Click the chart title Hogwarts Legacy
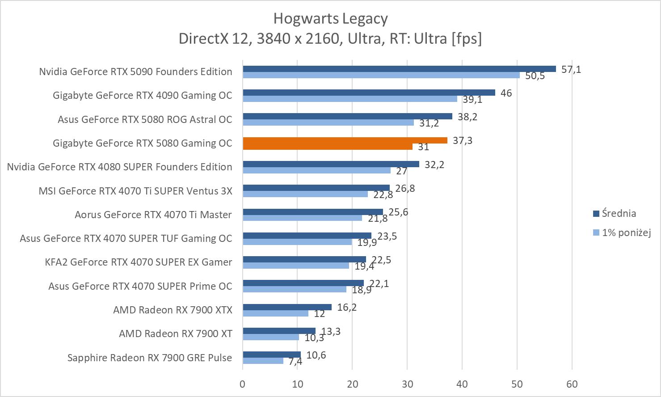[x=330, y=18]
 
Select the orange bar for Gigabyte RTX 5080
[x=345, y=140]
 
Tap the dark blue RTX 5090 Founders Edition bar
[x=399, y=69]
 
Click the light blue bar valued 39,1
[x=349, y=99]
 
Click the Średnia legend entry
[x=619, y=213]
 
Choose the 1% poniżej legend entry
[x=626, y=232]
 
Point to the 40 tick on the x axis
[x=462, y=384]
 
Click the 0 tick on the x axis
[x=243, y=384]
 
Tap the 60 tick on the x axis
[x=572, y=384]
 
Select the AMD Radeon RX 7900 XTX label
[x=173, y=309]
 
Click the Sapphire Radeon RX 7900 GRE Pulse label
[x=150, y=358]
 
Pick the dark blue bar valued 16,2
[x=287, y=307]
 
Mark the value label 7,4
[x=295, y=361]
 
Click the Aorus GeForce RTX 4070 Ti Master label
[x=153, y=215]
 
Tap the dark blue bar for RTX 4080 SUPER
[x=331, y=164]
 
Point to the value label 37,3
[x=463, y=140]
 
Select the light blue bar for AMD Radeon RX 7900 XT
[x=271, y=337]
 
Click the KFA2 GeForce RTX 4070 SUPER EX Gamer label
[x=139, y=262]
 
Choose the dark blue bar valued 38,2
[x=347, y=116]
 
